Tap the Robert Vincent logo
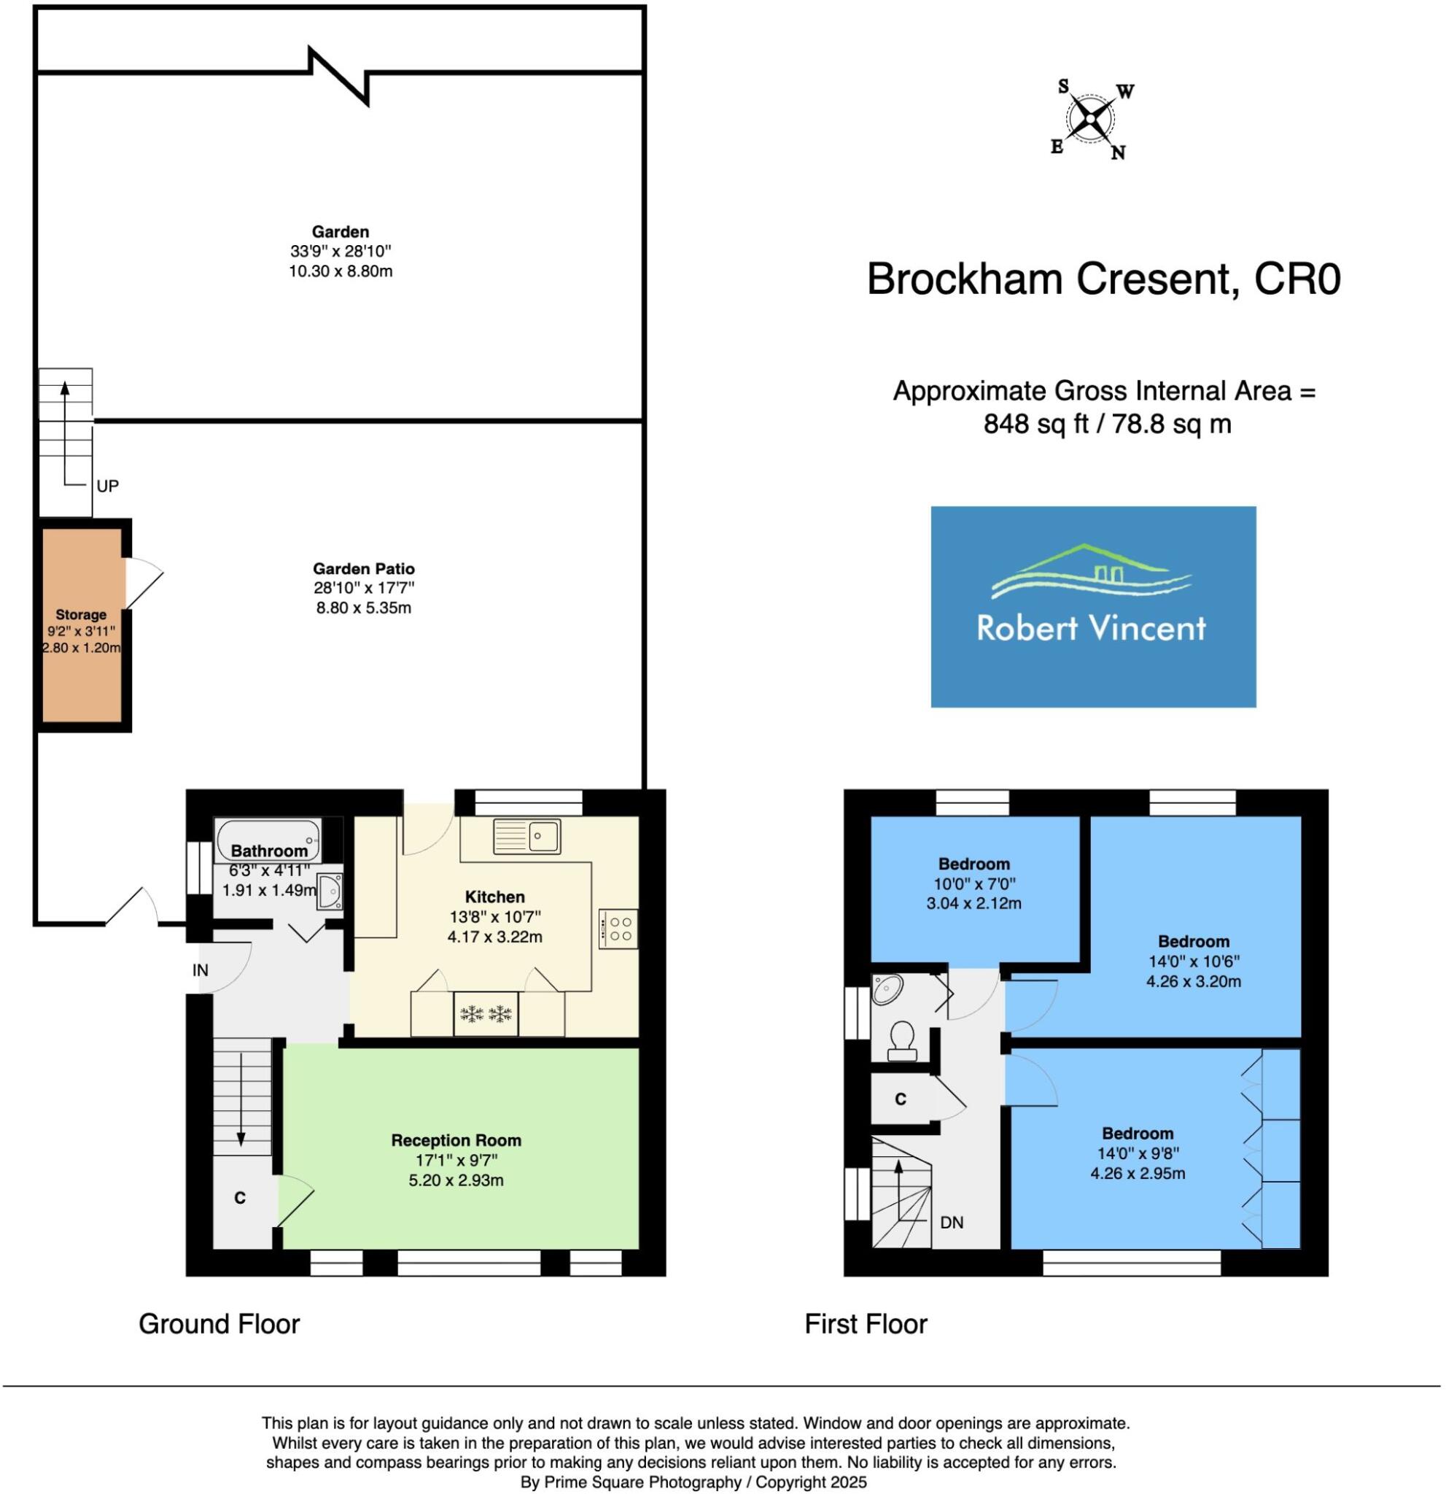point(1092,607)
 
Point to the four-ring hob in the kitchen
point(618,929)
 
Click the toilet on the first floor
point(903,1040)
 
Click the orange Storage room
point(82,625)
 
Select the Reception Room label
point(456,1140)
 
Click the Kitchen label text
point(495,897)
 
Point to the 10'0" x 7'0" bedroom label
point(974,883)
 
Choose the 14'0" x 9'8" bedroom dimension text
point(1138,1153)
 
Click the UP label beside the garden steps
point(107,487)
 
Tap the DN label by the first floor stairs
point(952,1223)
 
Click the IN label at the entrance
point(201,970)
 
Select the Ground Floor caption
point(219,1324)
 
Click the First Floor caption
point(866,1324)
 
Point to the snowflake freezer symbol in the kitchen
point(486,1014)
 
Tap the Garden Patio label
point(364,568)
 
